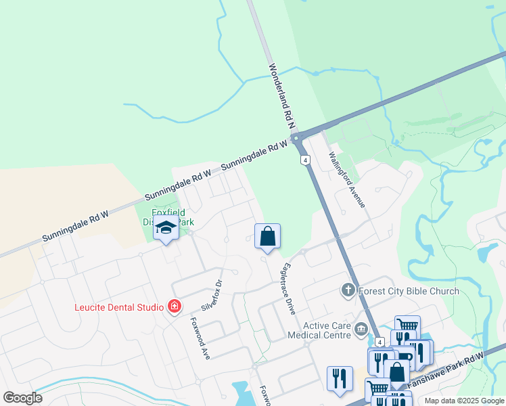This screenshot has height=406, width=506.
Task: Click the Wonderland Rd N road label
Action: [x=283, y=97]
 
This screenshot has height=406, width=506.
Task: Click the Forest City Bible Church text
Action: [x=408, y=292]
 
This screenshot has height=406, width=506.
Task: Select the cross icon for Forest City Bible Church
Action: [x=348, y=291]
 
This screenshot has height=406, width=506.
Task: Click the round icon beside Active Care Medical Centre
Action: [x=361, y=331]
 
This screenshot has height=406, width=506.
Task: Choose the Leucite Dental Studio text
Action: [x=118, y=307]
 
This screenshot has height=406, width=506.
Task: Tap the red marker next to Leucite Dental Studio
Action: [x=175, y=307]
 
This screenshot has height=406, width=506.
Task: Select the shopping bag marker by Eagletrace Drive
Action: [x=268, y=237]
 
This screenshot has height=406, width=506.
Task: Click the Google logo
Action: [x=22, y=398]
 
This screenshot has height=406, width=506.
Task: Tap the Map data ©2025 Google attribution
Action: [x=465, y=401]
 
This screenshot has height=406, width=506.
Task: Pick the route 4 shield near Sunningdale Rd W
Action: [x=306, y=160]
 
